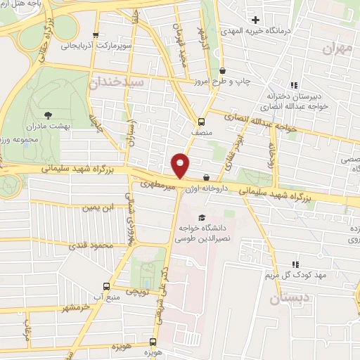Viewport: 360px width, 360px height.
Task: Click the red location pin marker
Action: pos(181,165)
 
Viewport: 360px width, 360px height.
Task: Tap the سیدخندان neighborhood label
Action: pos(117,82)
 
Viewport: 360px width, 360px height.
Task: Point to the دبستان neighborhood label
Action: pos(288,299)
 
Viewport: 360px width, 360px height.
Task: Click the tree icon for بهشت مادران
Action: pos(48,113)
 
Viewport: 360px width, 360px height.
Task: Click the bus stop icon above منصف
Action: pos(202,120)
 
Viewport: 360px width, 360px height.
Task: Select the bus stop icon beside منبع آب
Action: pos(106,286)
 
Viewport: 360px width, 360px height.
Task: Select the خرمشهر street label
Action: pos(65,309)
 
